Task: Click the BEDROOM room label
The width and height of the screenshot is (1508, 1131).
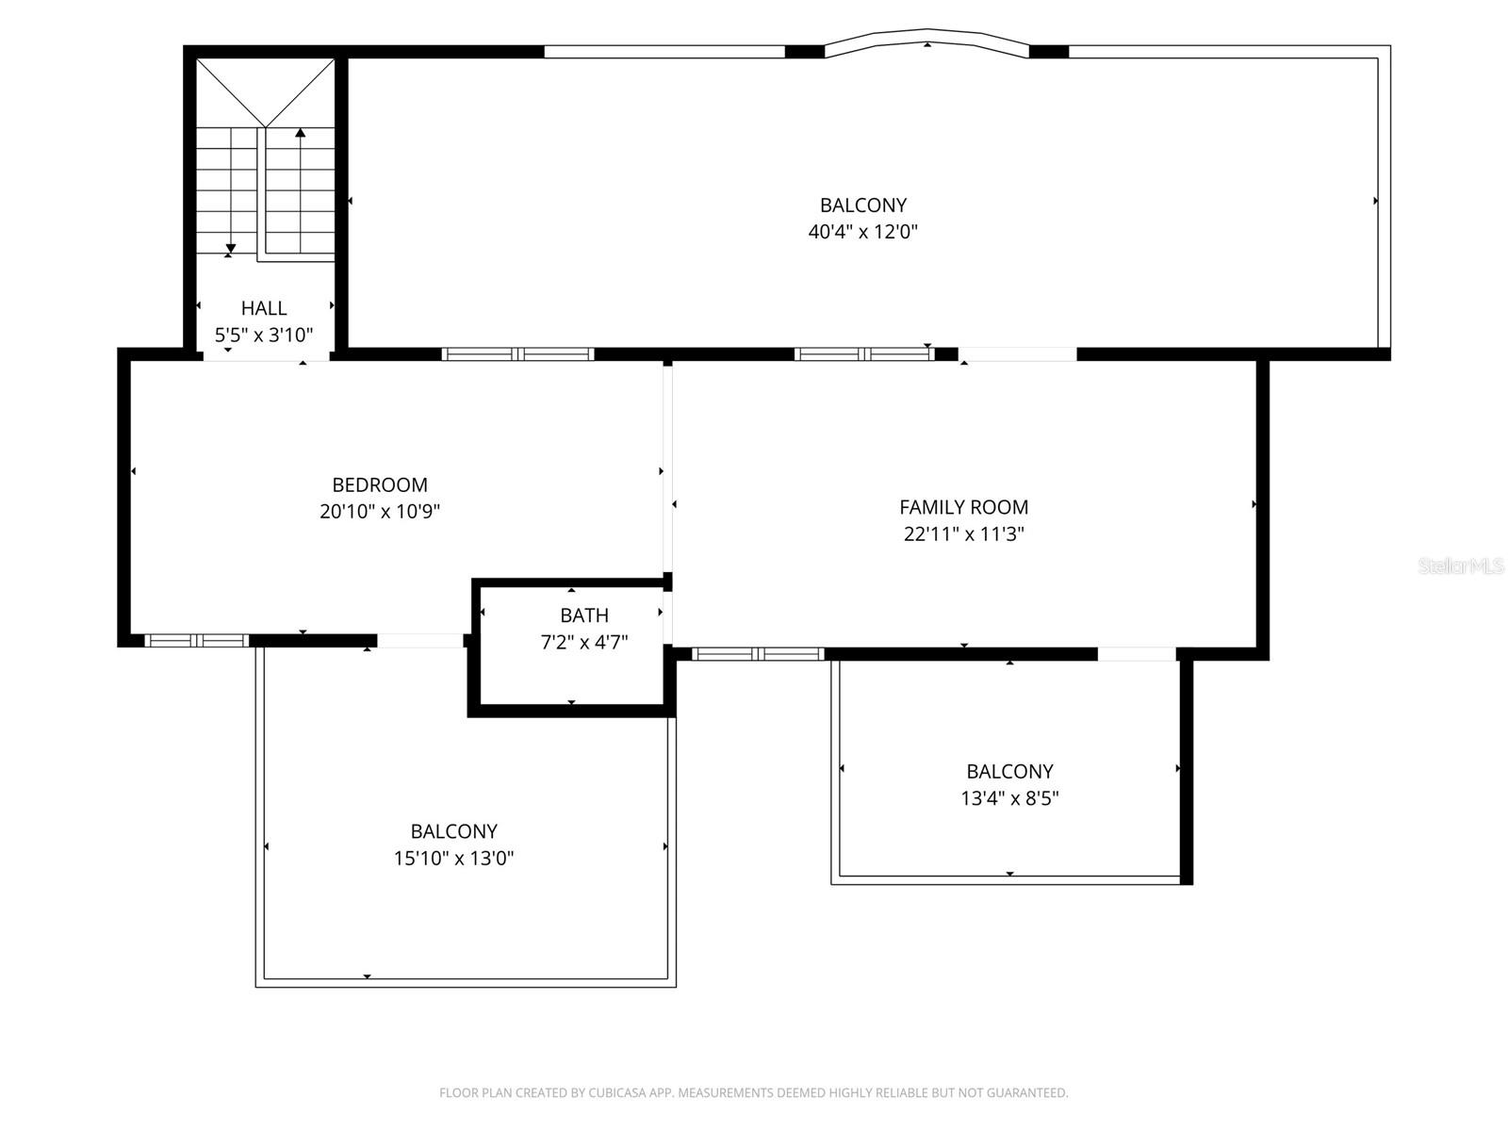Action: (x=380, y=485)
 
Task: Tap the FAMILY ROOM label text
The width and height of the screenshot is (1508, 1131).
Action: (x=963, y=507)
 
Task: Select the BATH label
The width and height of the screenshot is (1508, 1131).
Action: (x=584, y=615)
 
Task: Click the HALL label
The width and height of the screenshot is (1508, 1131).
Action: (x=264, y=308)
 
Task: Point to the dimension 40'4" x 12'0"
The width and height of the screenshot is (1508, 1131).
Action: (x=862, y=232)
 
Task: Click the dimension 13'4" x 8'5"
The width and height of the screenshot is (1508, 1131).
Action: (x=1009, y=798)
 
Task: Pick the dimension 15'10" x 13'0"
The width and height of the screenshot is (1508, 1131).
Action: (x=453, y=859)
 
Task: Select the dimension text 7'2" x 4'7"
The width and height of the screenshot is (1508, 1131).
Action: (x=584, y=643)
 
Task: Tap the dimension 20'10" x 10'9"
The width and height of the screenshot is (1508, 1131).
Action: (x=380, y=512)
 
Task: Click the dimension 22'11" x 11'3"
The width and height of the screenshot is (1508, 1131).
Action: (x=963, y=534)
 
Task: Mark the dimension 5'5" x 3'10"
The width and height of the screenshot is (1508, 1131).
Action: (x=264, y=335)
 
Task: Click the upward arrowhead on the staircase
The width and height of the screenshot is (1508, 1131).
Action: (x=301, y=133)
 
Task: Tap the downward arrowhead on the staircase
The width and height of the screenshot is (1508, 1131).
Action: (x=230, y=249)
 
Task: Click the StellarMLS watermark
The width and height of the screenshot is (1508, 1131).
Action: (x=1461, y=566)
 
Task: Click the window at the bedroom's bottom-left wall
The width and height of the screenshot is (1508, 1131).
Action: (x=196, y=641)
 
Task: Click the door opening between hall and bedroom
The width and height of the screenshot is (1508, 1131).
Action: (x=266, y=355)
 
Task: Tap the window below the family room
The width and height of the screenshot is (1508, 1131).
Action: (x=758, y=654)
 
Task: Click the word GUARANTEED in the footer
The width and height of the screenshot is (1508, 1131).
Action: (x=1028, y=1093)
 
